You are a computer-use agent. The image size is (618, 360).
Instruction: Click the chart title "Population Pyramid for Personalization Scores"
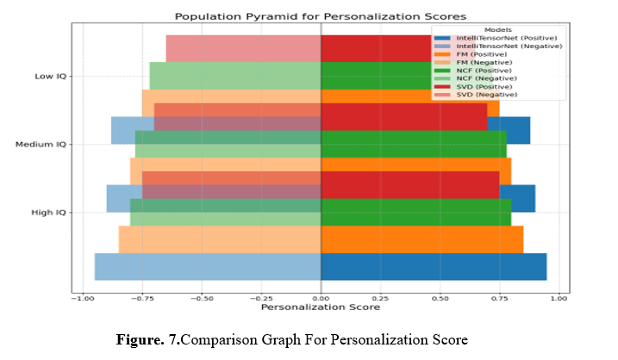point(320,16)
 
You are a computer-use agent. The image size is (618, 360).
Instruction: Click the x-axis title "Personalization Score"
point(320,307)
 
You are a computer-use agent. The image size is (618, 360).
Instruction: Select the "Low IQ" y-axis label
point(52,76)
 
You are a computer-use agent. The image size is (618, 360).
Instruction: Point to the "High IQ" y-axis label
point(51,212)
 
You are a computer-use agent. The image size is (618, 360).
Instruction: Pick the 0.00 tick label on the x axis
point(321,298)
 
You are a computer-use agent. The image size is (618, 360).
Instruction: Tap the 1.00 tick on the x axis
point(559,298)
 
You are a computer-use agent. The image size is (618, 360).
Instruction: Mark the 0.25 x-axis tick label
point(381,298)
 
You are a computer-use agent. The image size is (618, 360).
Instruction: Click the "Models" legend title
point(498,29)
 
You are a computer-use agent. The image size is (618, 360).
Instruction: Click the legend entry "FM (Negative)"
point(488,62)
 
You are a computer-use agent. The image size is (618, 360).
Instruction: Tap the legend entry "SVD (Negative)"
point(489,95)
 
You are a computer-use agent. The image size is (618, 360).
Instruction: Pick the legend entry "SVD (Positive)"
point(488,86)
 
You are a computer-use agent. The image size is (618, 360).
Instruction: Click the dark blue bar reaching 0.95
point(434,266)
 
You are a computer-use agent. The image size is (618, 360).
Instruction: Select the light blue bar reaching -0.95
point(208,266)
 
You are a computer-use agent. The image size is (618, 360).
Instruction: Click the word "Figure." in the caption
point(145,339)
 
